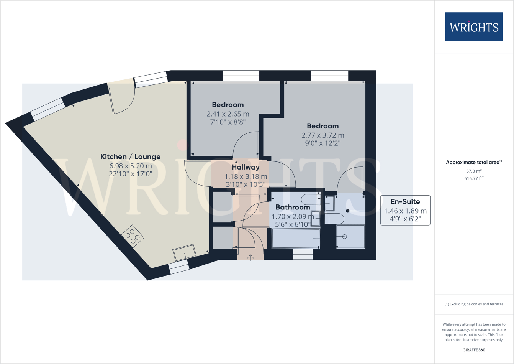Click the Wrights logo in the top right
(474, 27)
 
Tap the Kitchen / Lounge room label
(130, 156)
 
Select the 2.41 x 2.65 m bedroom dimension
(228, 114)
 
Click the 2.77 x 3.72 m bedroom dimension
(322, 135)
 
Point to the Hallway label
(246, 167)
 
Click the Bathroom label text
(293, 207)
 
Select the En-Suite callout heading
(405, 202)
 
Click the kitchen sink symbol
(185, 253)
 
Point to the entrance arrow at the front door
(250, 257)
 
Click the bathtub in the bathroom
(296, 239)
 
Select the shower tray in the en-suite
(350, 237)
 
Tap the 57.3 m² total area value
(474, 171)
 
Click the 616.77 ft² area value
(474, 178)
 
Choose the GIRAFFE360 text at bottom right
(474, 350)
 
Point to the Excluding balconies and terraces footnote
(474, 304)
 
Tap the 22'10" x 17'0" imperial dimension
(130, 174)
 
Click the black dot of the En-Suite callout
(348, 211)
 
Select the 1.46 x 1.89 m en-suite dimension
(405, 211)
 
